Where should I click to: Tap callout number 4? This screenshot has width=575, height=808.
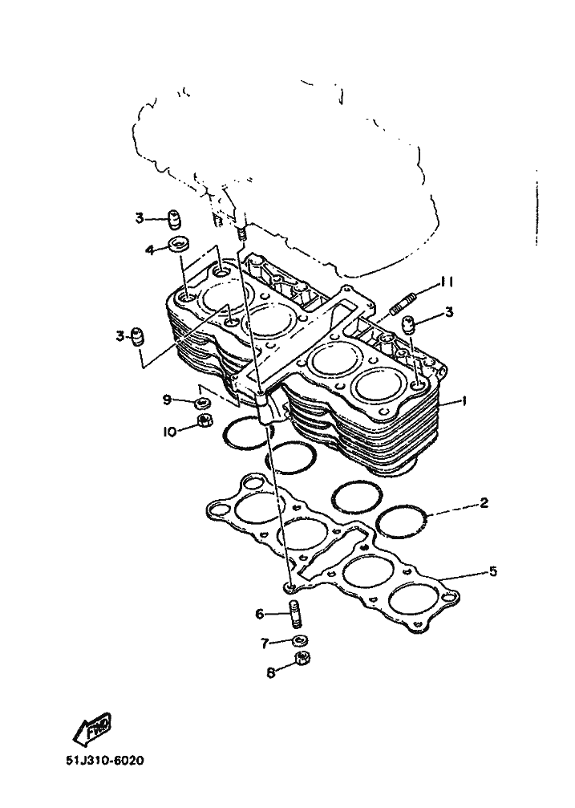tap(149, 250)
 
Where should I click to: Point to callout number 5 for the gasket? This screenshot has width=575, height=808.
tap(493, 571)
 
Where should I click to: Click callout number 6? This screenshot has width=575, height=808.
tap(260, 615)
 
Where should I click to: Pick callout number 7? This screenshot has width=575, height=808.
tap(264, 644)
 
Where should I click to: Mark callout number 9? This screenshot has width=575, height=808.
tap(168, 399)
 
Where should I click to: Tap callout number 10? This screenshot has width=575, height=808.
tap(169, 432)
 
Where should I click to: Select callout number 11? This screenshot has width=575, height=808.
tap(446, 282)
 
